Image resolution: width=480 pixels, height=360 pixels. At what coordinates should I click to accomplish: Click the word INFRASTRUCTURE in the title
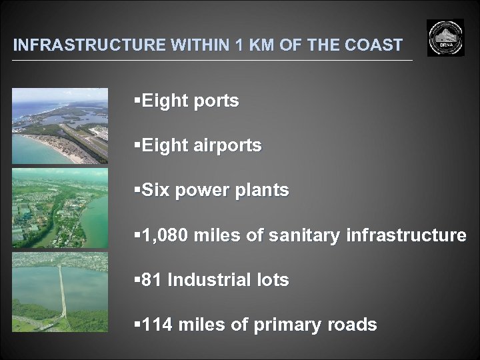pos(90,45)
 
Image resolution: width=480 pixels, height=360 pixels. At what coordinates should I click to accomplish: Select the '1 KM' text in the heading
pos(252,45)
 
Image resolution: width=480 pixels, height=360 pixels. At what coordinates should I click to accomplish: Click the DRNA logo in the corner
pos(445,38)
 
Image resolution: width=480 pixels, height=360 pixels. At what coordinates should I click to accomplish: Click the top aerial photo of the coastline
pos(60,126)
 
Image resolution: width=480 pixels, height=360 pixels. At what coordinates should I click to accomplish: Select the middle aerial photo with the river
pos(60,208)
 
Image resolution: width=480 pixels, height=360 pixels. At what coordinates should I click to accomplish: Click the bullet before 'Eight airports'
pos(137,146)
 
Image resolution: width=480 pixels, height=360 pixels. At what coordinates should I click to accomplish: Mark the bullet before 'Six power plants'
pos(137,191)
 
